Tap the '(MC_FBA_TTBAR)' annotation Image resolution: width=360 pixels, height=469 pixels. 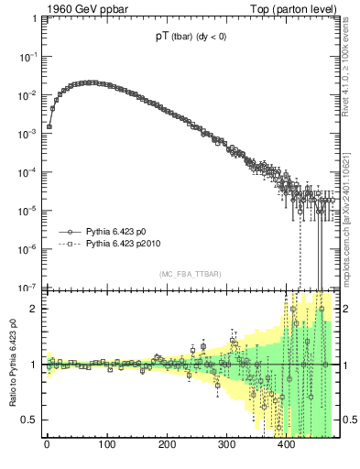coord(189,275)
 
